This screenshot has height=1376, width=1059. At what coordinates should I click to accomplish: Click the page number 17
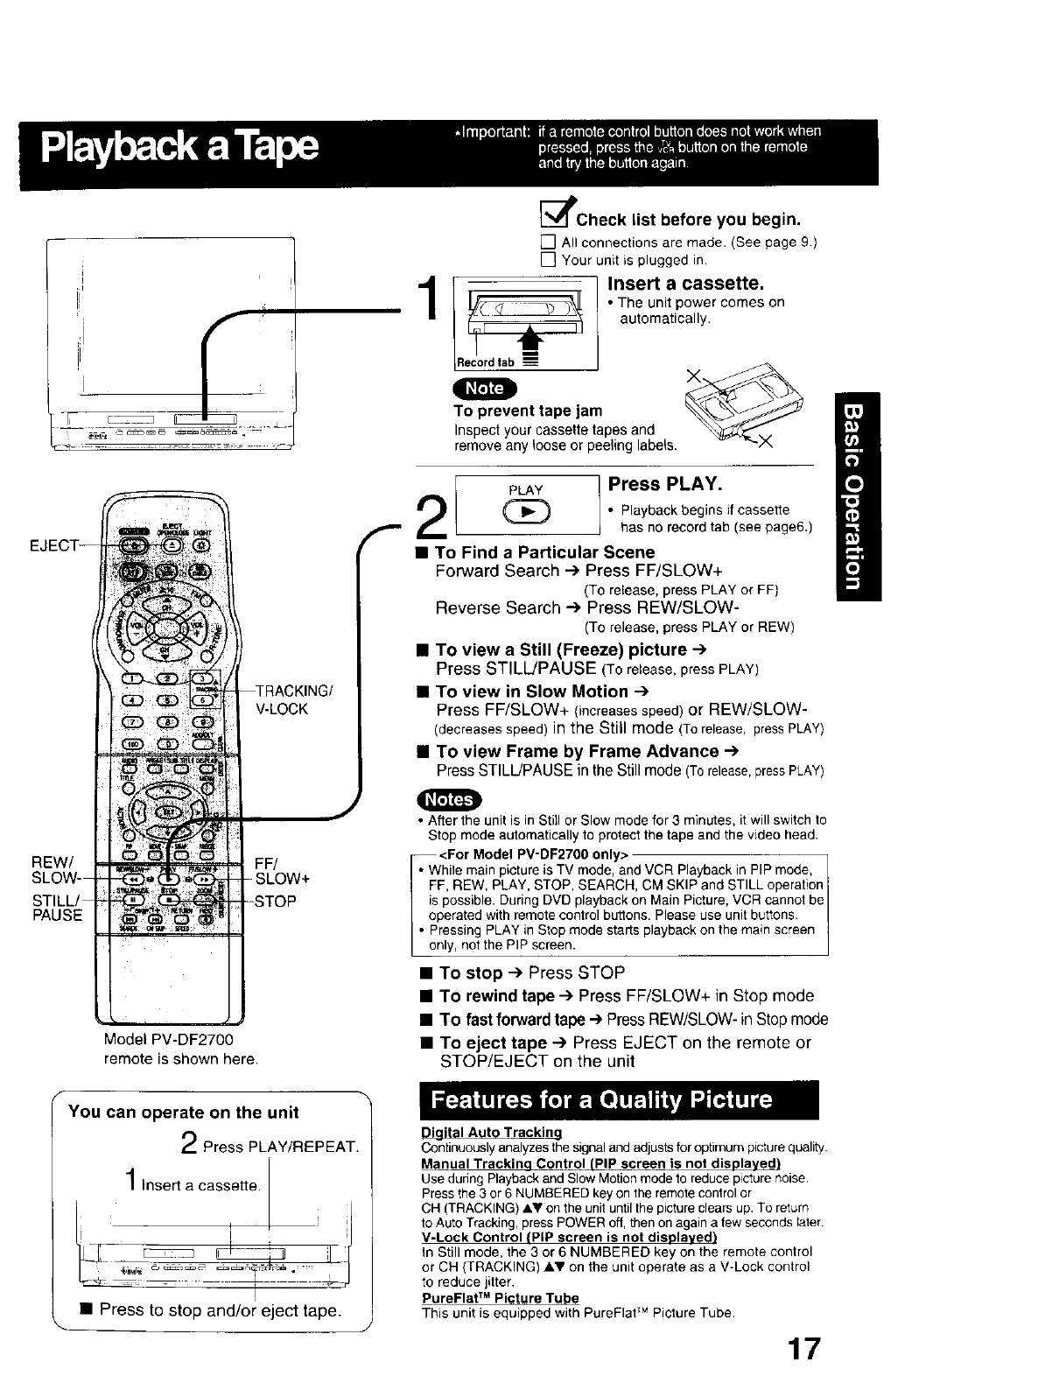click(x=804, y=1348)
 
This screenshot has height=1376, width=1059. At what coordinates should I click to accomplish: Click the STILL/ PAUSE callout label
click(x=57, y=908)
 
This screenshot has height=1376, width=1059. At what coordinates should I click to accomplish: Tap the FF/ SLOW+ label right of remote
click(x=280, y=870)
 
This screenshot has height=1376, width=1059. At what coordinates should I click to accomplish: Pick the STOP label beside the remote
click(x=276, y=901)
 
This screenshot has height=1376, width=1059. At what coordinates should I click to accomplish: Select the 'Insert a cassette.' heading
click(x=685, y=284)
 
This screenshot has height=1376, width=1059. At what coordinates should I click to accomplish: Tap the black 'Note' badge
click(x=485, y=388)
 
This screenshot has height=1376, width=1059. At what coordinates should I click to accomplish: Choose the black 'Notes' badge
click(x=450, y=799)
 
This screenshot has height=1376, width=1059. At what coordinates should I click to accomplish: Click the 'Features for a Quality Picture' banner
click(x=602, y=1099)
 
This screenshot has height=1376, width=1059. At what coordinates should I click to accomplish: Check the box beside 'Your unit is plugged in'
click(x=548, y=260)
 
